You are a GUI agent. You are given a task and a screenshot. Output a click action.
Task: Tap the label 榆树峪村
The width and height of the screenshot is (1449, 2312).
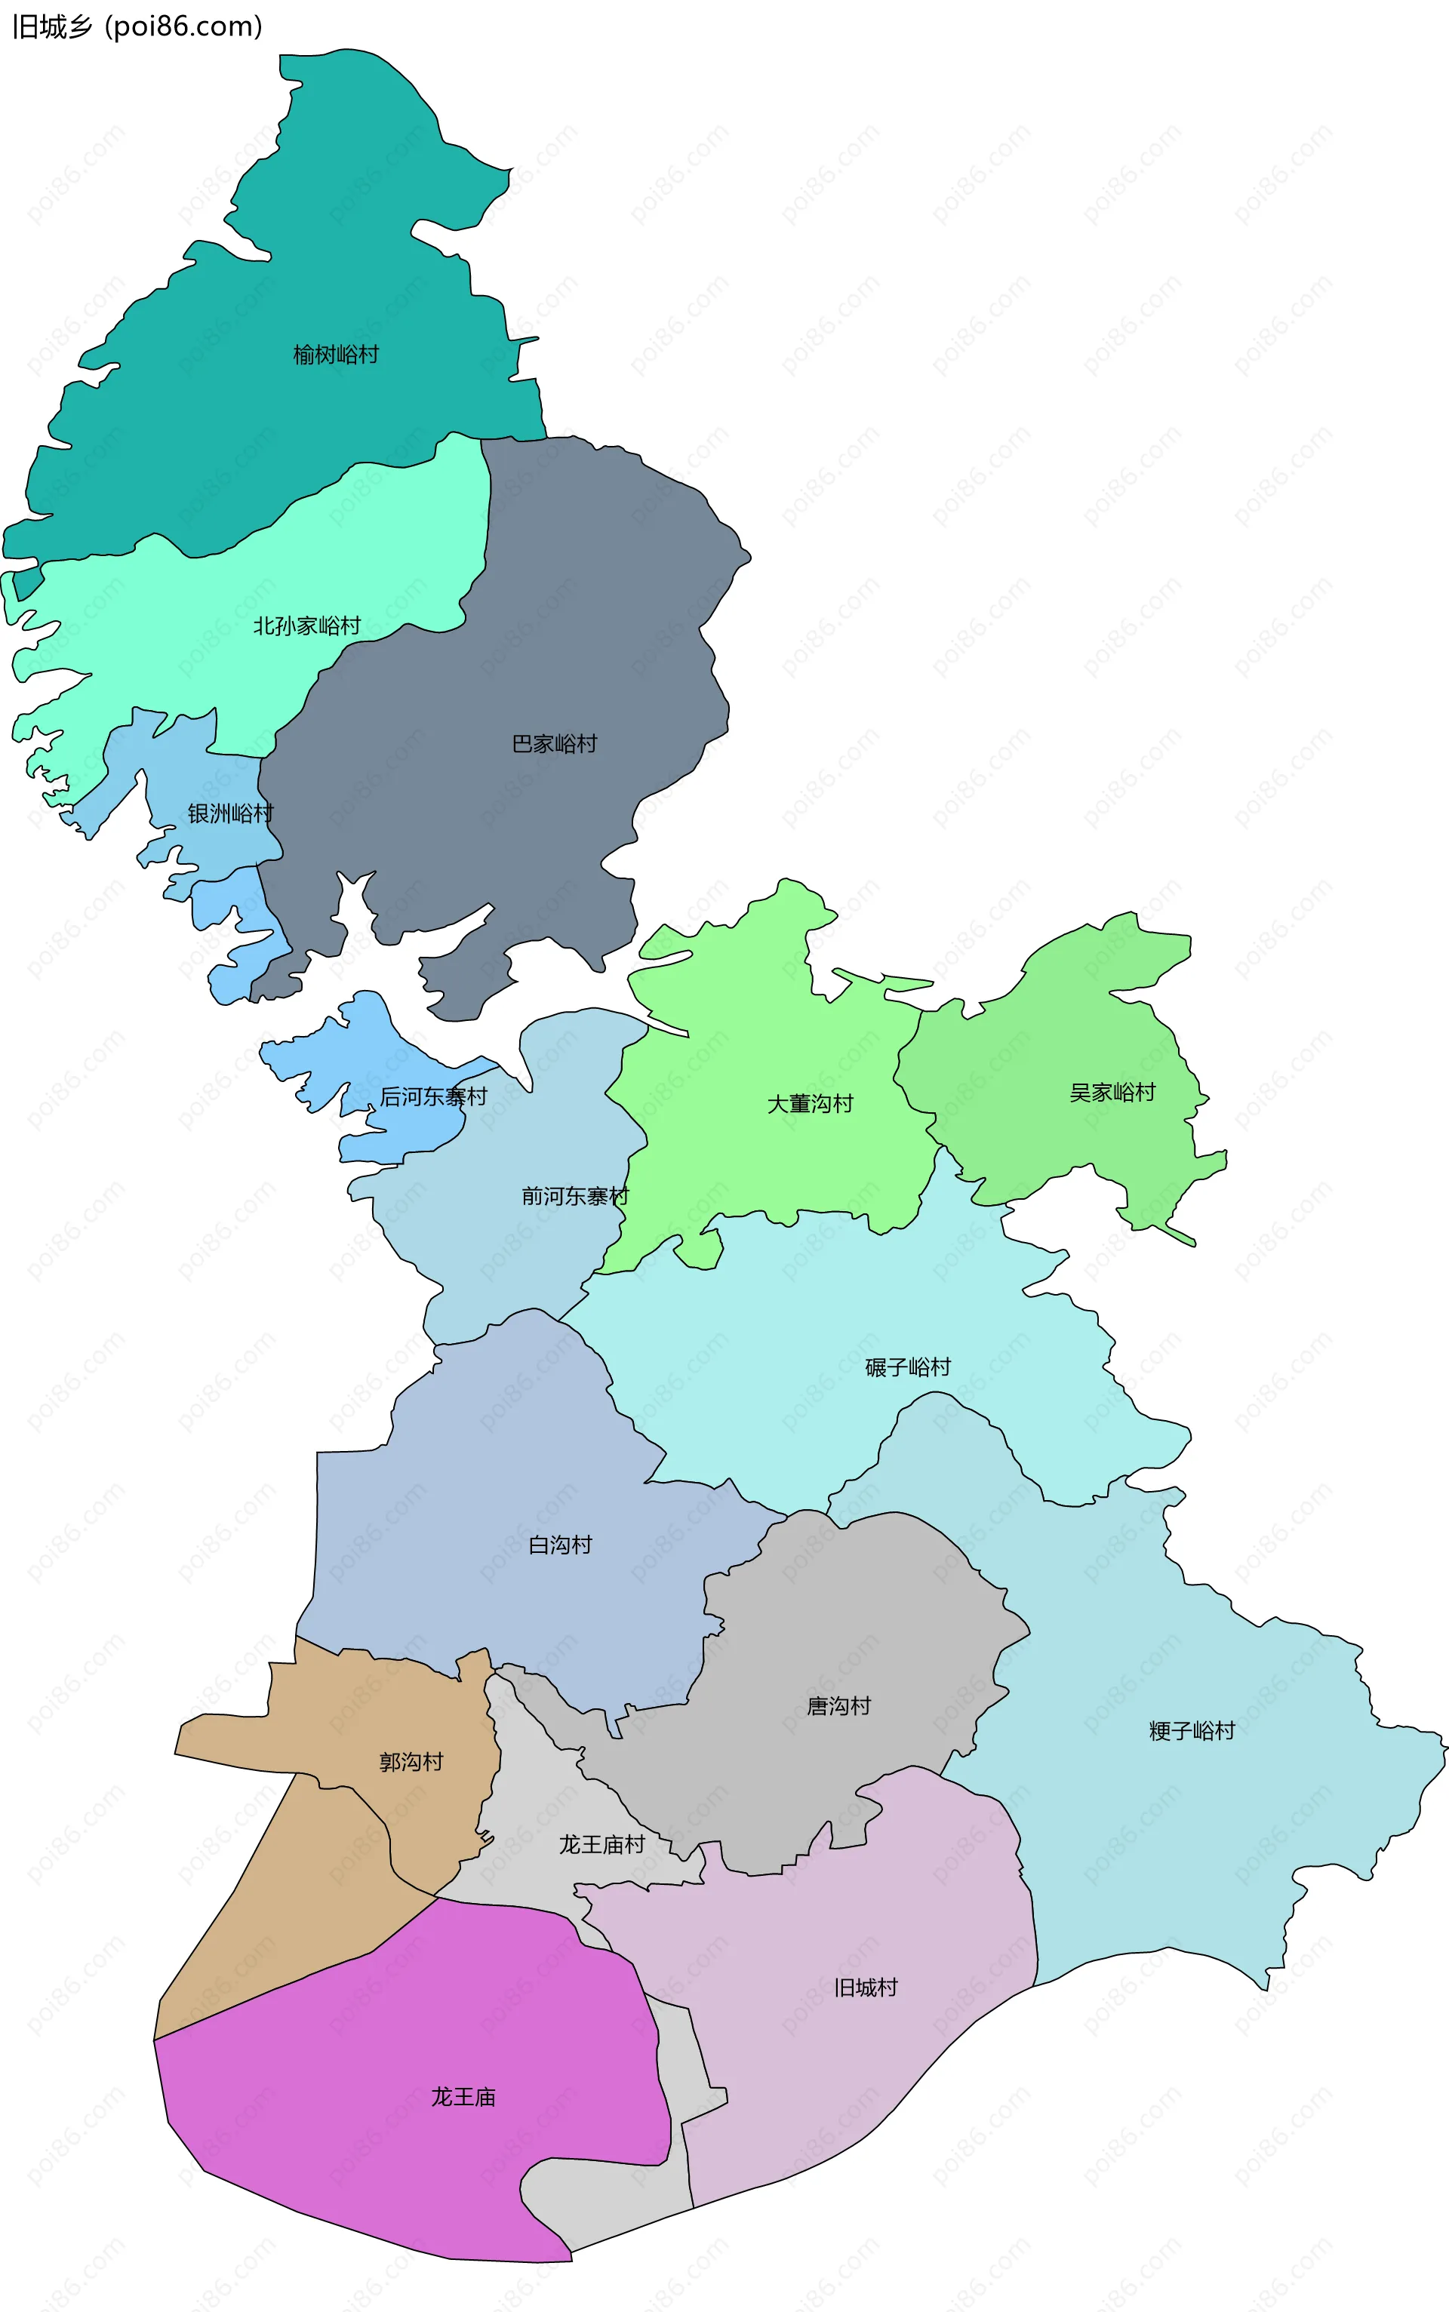click(x=335, y=355)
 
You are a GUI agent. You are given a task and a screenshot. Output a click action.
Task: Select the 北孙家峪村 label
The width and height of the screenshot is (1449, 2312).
click(x=306, y=626)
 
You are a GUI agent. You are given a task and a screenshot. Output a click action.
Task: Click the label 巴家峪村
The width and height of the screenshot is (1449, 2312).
click(x=554, y=743)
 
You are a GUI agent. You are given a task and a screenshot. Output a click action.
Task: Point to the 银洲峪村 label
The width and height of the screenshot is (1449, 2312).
click(x=230, y=813)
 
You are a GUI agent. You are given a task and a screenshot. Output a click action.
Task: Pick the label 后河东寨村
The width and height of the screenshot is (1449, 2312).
click(x=433, y=1096)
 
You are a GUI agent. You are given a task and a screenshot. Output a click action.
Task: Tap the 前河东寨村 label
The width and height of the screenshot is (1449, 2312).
click(x=575, y=1196)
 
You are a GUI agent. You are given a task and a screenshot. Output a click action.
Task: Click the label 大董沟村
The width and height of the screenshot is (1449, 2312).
click(x=810, y=1104)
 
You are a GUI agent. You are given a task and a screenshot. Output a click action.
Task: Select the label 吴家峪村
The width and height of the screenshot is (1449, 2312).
click(x=1112, y=1093)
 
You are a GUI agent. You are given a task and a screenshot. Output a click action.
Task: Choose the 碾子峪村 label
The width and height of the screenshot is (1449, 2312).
click(x=908, y=1367)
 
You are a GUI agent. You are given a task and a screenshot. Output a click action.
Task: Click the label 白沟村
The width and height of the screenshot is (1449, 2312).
click(x=561, y=1545)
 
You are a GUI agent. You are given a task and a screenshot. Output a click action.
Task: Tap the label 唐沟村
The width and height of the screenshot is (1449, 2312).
click(x=838, y=1705)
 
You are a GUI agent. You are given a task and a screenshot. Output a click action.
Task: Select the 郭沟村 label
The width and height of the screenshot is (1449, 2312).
click(x=411, y=1762)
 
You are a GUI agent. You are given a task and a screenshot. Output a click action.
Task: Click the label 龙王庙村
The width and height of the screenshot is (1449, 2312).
click(x=601, y=1844)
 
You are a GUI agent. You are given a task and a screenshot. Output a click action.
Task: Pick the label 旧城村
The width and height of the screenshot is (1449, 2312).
click(x=866, y=1988)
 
